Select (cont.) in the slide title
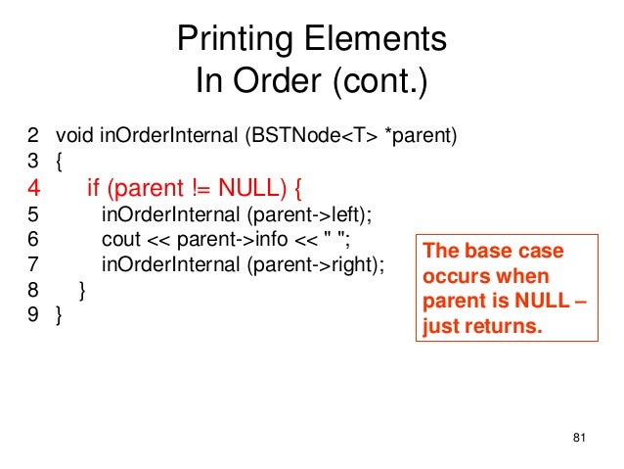click(379, 81)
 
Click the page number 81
click(576, 437)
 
